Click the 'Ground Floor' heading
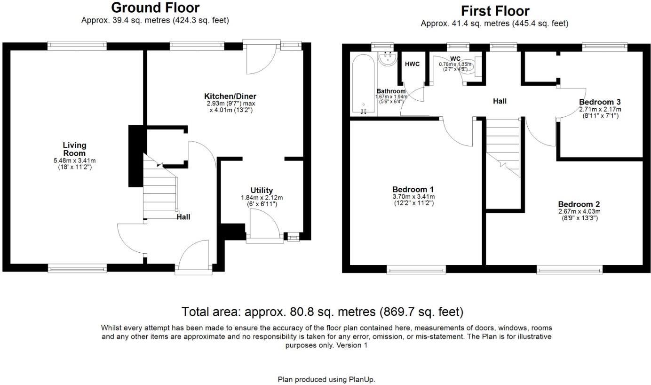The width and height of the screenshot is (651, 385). pos(155,8)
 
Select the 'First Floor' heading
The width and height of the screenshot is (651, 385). pos(495,11)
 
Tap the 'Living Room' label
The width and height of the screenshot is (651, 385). pos(74,149)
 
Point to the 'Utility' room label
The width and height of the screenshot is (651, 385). pos(262,190)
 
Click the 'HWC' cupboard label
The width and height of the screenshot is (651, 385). pos(412,64)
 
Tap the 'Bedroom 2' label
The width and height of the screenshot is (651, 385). pos(579,204)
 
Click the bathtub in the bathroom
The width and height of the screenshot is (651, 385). pos(363,85)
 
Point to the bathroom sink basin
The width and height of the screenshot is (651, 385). pos(388,59)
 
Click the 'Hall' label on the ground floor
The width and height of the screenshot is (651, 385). pos(183,217)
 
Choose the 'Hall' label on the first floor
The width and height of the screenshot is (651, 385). pos(500,101)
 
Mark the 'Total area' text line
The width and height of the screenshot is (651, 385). pos(323,312)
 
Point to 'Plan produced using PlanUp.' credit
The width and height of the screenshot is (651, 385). pos(326,379)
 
